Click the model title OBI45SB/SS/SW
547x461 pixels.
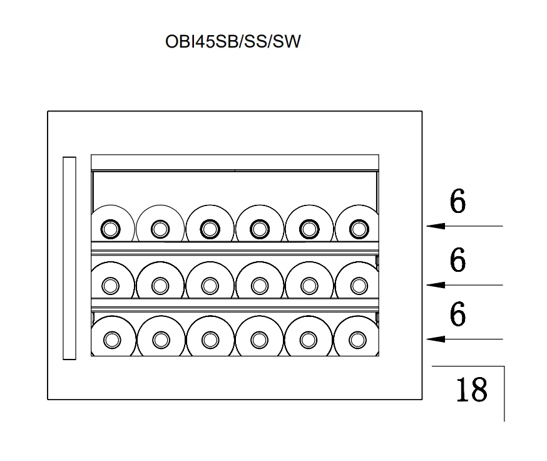[233, 41]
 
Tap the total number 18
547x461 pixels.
[471, 389]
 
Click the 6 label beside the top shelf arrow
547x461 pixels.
[458, 201]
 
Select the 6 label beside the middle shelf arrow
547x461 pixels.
[458, 259]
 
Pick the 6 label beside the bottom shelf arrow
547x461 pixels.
[458, 314]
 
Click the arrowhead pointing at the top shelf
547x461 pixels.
[436, 226]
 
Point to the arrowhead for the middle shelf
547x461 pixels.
[436, 285]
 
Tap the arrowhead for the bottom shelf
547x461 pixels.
[436, 339]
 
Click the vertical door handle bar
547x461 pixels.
[69, 258]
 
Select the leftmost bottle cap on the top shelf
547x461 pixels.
[111, 229]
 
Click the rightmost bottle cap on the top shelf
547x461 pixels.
[359, 229]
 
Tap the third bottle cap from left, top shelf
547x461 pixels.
[210, 229]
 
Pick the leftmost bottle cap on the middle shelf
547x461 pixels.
[111, 286]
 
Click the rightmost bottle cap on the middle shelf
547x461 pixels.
[359, 286]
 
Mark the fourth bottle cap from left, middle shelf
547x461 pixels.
[260, 286]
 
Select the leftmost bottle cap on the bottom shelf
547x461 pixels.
[112, 339]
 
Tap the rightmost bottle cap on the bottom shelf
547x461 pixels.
[357, 339]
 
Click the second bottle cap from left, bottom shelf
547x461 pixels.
[161, 339]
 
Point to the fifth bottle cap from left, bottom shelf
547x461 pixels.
[309, 339]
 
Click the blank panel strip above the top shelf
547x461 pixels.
[235, 162]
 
